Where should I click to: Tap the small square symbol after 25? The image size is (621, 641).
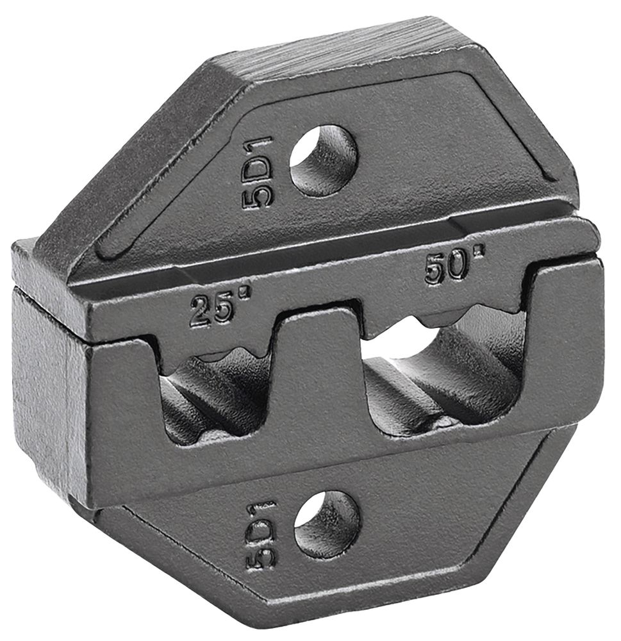[244, 292]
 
